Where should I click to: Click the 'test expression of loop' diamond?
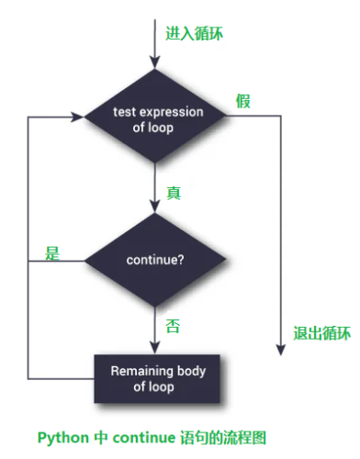coord(155,118)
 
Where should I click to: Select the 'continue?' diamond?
coord(155,260)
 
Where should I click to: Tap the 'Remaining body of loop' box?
coord(158,377)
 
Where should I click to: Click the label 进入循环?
coord(194,33)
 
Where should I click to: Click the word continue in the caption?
coord(142,437)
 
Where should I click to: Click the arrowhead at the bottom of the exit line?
coord(276,347)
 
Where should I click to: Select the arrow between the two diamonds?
coord(155,188)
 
